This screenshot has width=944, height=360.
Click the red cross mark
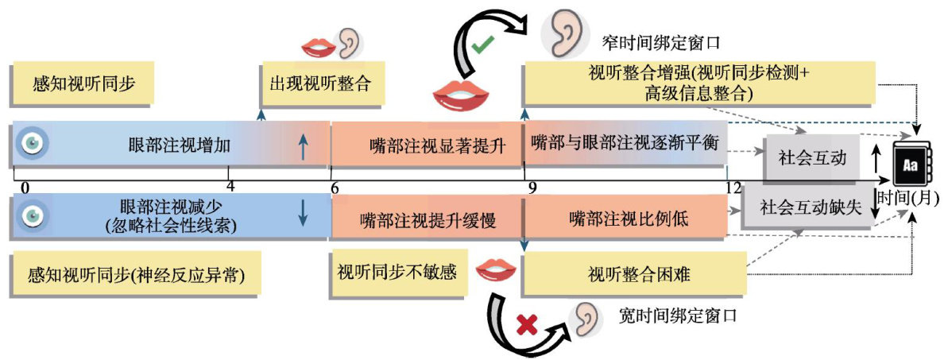(524, 323)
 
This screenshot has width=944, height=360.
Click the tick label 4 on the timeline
(230, 188)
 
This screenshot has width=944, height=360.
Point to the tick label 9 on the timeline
(530, 188)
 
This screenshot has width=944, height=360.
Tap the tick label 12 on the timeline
(733, 188)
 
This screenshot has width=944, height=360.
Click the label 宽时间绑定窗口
(678, 315)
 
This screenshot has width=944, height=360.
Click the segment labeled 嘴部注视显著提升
(426, 145)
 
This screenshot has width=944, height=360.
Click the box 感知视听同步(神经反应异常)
(135, 275)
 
